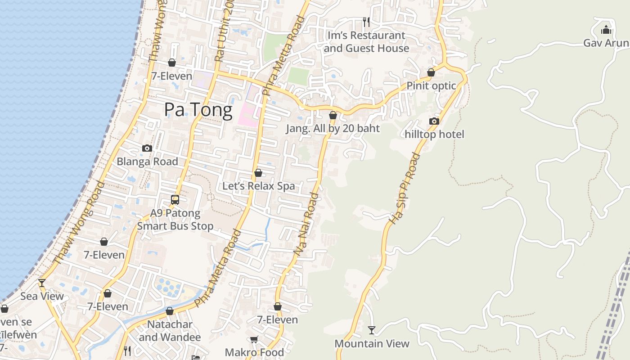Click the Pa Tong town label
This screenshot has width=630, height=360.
coord(198,110)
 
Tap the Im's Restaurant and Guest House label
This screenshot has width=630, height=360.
coord(366,42)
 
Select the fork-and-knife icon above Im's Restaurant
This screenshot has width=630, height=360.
coord(366,22)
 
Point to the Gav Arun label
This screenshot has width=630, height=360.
coord(606,43)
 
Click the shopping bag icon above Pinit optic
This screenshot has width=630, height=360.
coord(431,72)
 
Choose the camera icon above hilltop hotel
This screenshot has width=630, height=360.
coord(434,121)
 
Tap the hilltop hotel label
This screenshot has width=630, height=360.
coord(434,134)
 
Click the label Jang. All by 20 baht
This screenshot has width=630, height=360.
coord(333,128)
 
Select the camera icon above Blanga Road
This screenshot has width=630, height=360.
coord(147,148)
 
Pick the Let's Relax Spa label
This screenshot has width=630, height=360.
coord(259,186)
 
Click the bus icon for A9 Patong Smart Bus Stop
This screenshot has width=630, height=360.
coord(175,199)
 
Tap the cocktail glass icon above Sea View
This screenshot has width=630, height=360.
coord(42,283)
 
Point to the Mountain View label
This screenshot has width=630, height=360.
coord(372,344)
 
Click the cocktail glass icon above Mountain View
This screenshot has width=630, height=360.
coord(372,330)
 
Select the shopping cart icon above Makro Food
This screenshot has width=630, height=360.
coord(254,340)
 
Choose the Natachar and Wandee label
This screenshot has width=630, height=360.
coord(170,331)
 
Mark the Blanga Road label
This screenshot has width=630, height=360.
coord(147,161)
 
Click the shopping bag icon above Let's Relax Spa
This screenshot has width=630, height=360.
coord(258,173)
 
